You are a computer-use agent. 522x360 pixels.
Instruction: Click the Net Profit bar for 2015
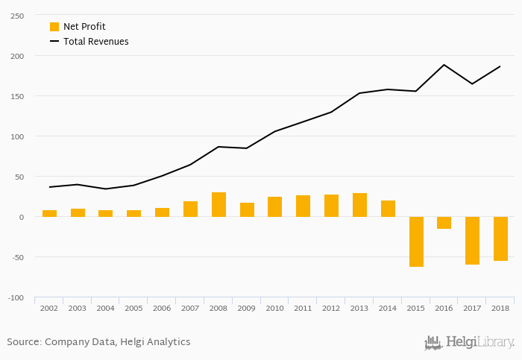[416, 241]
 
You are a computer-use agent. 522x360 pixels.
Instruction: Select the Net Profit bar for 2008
[218, 205]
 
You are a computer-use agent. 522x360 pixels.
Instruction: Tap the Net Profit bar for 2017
[472, 241]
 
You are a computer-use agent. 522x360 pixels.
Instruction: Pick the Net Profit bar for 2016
[444, 223]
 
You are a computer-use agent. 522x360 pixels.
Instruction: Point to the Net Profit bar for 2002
[49, 214]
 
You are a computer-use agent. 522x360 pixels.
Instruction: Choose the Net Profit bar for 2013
[359, 205]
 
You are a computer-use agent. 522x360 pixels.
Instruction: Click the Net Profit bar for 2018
[500, 239]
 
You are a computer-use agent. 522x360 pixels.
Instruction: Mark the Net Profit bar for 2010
[274, 207]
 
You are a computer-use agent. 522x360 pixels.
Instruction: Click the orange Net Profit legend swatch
[54, 27]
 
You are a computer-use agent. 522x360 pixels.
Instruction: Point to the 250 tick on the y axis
[16, 16]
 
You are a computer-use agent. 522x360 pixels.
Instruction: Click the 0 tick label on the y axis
[21, 217]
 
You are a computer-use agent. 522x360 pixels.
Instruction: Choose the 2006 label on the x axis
[162, 308]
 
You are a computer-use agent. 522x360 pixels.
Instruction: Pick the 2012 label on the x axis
[331, 308]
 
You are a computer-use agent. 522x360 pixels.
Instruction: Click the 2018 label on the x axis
[500, 308]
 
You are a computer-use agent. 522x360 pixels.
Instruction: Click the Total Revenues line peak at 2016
[444, 65]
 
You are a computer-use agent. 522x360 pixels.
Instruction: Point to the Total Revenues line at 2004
[106, 189]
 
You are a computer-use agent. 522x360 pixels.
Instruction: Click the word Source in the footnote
[23, 342]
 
